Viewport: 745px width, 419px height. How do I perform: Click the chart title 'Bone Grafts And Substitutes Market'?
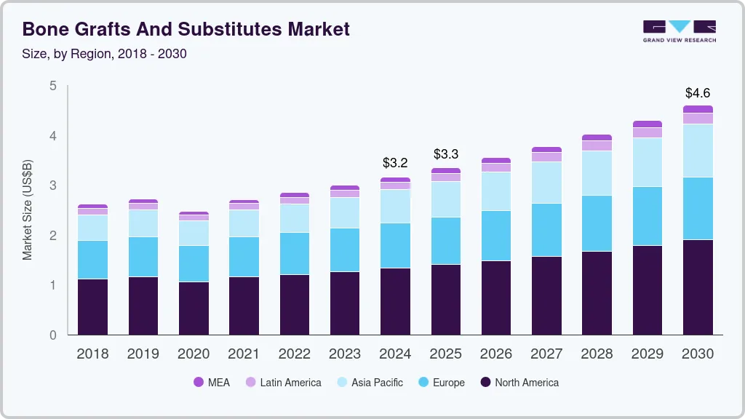(x=186, y=29)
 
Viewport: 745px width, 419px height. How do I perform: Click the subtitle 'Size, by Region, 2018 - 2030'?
(x=105, y=54)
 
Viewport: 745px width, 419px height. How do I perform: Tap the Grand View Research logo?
(x=679, y=31)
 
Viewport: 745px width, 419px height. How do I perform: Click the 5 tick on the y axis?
(x=52, y=86)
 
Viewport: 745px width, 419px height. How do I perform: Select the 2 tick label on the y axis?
(x=52, y=236)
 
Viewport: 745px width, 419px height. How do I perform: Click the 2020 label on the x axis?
(x=194, y=354)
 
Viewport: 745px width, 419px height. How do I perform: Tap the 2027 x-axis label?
(x=546, y=354)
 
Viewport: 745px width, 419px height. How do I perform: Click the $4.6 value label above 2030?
(x=698, y=93)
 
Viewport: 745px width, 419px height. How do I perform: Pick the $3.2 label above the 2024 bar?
(x=396, y=162)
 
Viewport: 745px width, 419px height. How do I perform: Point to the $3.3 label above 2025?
(x=446, y=154)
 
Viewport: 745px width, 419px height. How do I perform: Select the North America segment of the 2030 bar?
(x=698, y=287)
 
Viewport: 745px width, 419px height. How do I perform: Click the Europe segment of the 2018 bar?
(x=93, y=260)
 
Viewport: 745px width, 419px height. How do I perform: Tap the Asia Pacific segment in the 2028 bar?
(x=597, y=173)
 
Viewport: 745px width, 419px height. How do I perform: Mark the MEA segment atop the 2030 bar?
(x=698, y=109)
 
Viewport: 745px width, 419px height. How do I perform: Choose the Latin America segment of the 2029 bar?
(x=648, y=132)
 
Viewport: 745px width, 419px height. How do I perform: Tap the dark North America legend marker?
(x=485, y=383)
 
